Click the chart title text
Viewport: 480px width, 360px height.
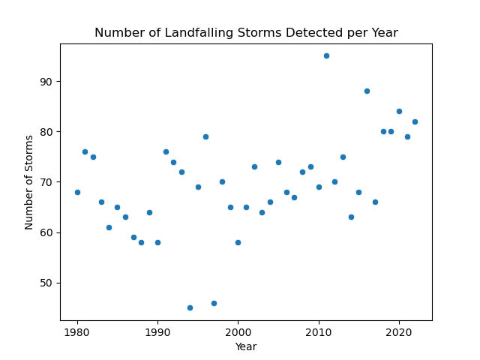[x=246, y=33]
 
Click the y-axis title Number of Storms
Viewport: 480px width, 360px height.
[x=29, y=182]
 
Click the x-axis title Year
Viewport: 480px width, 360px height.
[x=246, y=346]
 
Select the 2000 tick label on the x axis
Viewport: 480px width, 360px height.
[x=238, y=331]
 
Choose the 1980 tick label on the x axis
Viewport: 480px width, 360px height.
[x=77, y=331]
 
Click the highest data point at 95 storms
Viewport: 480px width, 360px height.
[x=326, y=55]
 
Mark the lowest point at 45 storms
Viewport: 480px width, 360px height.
[x=190, y=307]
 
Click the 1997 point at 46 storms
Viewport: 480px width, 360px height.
[x=214, y=303]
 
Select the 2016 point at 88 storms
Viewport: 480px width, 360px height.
[x=367, y=91]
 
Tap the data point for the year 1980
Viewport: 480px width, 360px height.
[x=77, y=192]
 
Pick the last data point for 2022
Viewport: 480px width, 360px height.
[x=415, y=121]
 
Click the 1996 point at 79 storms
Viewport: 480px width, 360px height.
[x=205, y=136]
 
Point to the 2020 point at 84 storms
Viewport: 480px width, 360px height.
[x=399, y=111]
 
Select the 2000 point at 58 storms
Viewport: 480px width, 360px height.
[x=238, y=242]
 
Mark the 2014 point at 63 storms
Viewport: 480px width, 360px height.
[x=351, y=217]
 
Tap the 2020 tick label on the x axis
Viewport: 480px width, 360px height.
[x=399, y=331]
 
